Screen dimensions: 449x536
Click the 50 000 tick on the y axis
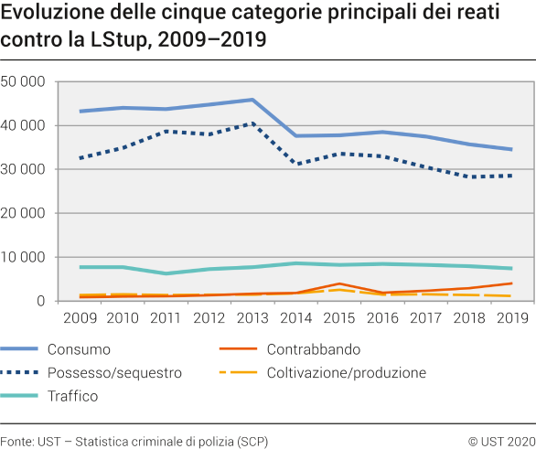24,81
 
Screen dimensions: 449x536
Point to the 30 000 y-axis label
24,169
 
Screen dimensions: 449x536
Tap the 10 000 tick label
24,257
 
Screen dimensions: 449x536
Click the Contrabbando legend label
314,349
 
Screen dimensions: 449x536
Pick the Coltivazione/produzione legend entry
347,372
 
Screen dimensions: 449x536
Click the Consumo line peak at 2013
252,100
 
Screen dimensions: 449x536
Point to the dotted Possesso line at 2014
295,164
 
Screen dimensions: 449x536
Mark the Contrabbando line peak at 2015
338,283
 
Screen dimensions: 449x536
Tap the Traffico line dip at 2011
166,273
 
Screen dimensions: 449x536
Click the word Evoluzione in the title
47,16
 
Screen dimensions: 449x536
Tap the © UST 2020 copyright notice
500,439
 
